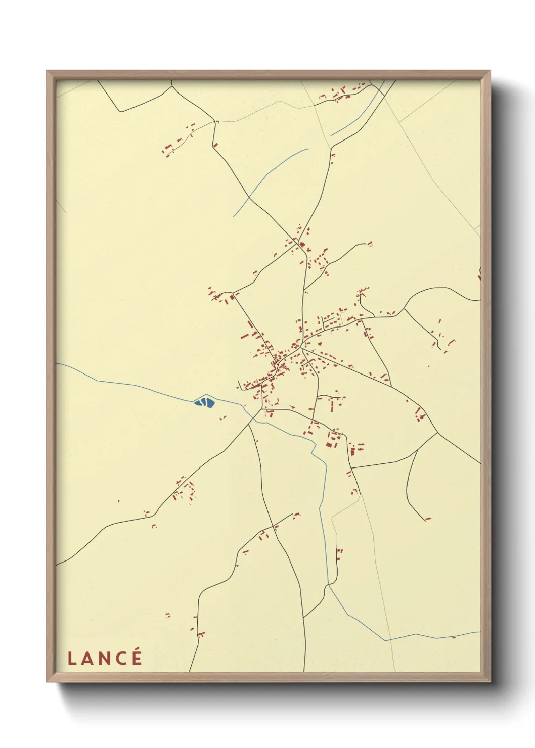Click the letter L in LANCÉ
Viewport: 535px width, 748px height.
[x=71, y=659]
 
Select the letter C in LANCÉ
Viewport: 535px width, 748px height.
[x=120, y=659]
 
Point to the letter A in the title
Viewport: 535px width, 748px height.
[x=86, y=659]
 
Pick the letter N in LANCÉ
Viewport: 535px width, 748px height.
[x=103, y=659]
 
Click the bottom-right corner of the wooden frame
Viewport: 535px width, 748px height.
[x=490, y=681]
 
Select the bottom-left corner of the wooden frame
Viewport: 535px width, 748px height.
[x=47, y=681]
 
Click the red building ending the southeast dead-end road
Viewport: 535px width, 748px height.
[x=428, y=518]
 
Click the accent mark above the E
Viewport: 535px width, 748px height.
[x=137, y=650]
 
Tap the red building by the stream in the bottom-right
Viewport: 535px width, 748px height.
[x=454, y=637]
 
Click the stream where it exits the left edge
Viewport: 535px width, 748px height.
[x=57, y=363]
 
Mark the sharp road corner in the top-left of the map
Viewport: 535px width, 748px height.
[x=120, y=111]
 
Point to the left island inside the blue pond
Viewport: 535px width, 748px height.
[x=202, y=402]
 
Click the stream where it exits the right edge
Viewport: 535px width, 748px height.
[x=479, y=632]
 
